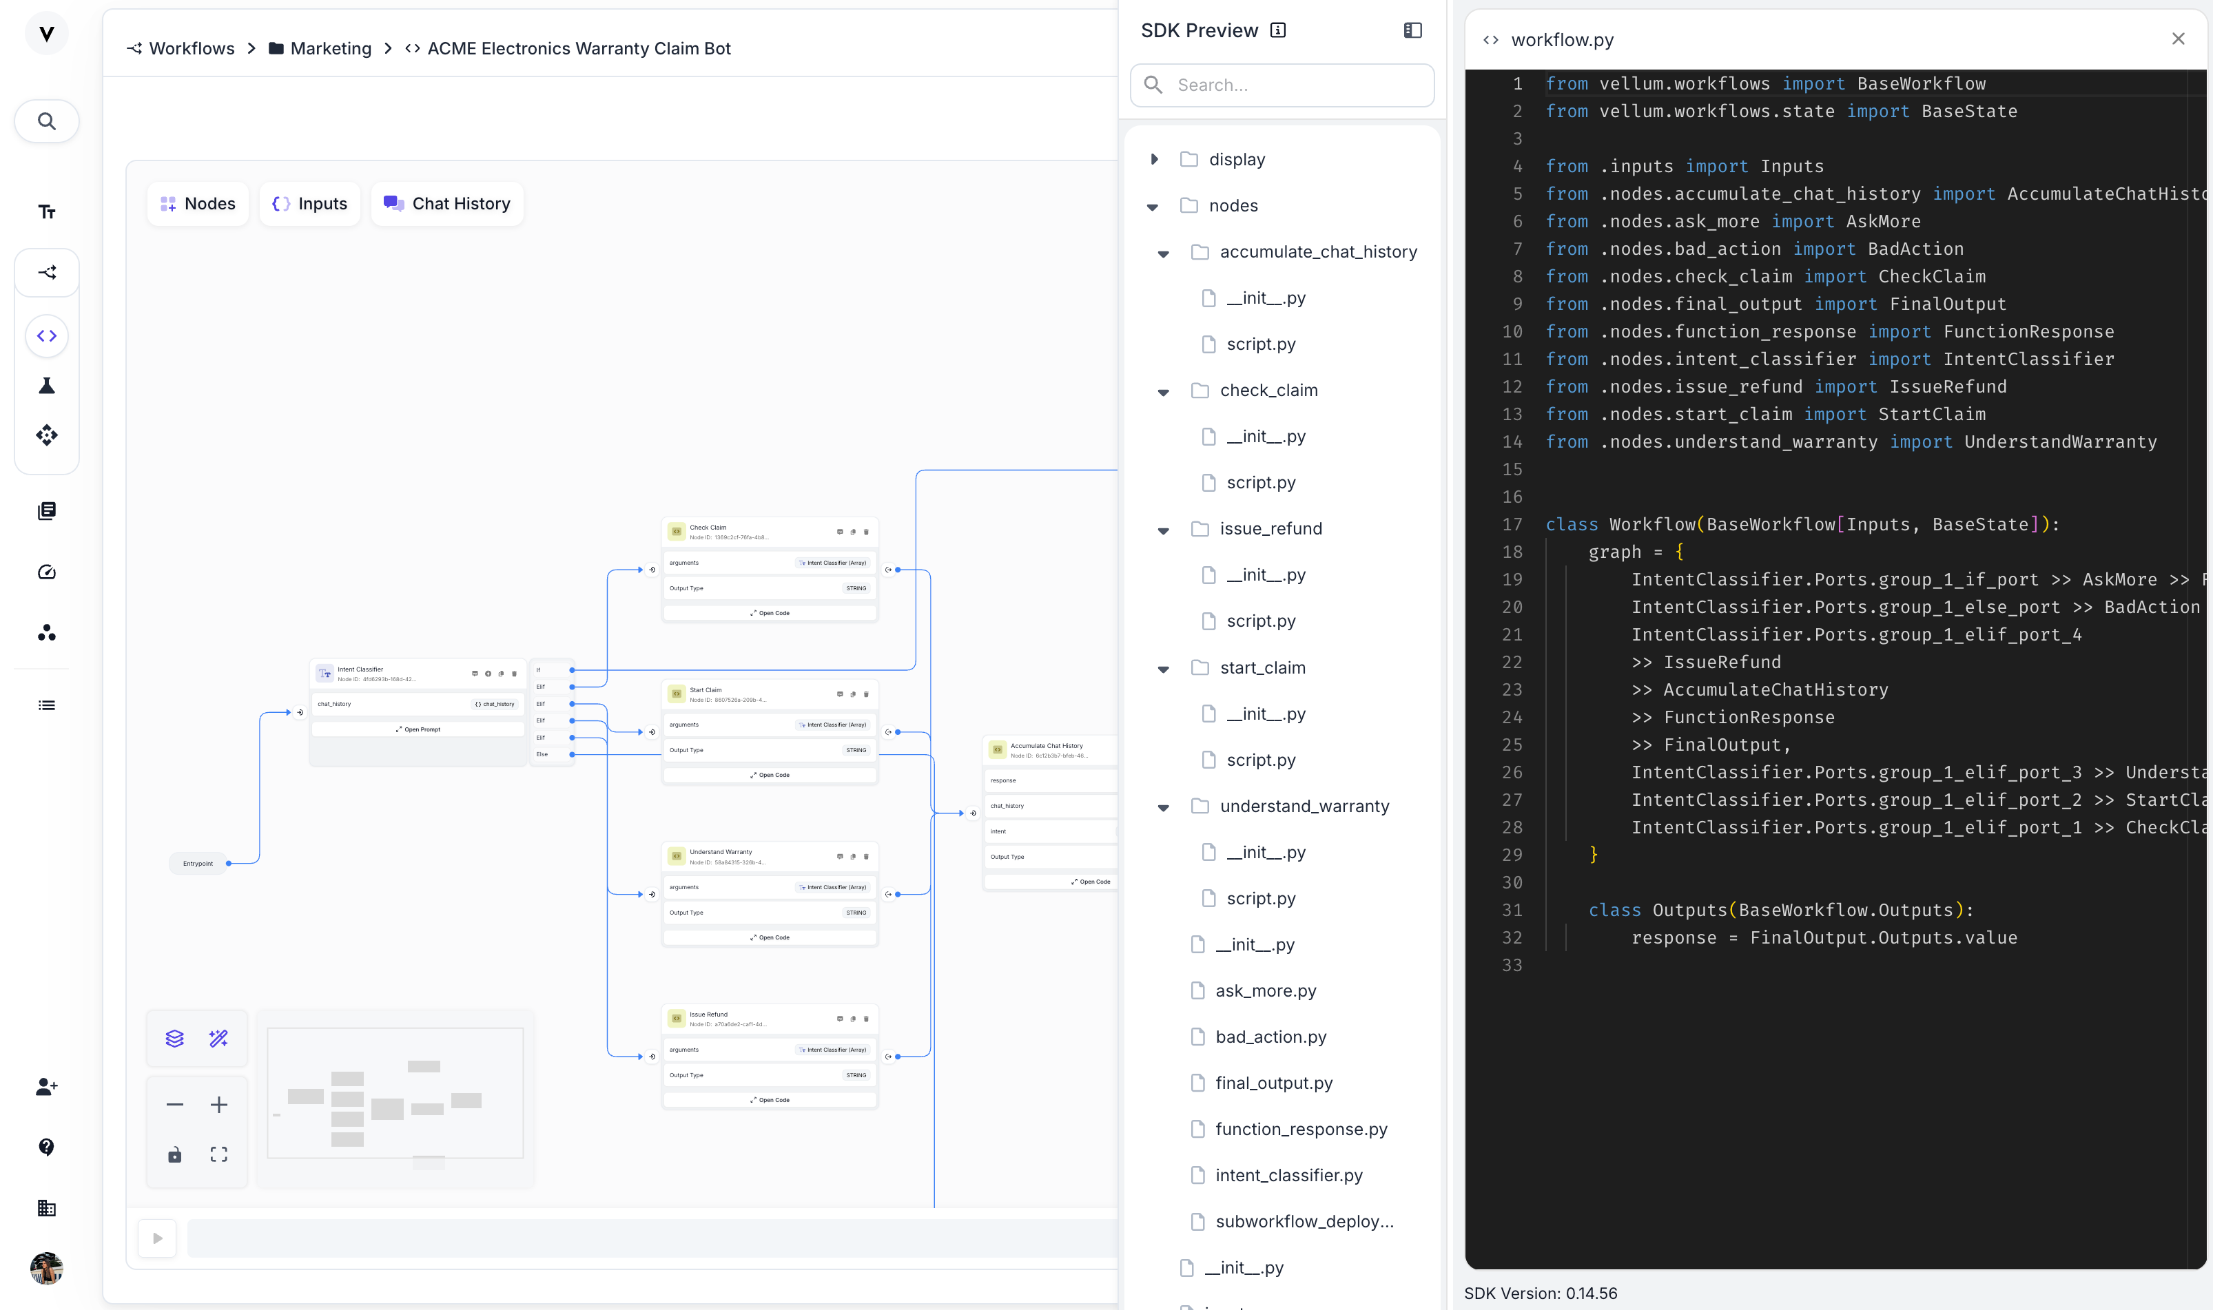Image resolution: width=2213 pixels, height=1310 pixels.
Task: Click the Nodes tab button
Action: coord(198,204)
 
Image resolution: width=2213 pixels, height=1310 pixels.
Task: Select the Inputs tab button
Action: coord(310,204)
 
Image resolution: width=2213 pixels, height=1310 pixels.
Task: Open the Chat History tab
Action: coord(447,204)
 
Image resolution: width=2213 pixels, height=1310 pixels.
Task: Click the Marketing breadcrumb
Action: coord(330,48)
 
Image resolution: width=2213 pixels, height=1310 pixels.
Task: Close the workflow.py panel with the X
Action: coord(2178,39)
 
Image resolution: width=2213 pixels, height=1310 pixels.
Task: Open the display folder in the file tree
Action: coord(1236,160)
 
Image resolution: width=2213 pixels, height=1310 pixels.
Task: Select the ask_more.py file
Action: coord(1264,990)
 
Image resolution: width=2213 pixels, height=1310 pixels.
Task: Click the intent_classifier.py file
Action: coord(1288,1175)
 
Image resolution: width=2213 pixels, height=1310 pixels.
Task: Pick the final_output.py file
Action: coord(1273,1083)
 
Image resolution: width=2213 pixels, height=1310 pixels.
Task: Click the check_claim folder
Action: coord(1268,390)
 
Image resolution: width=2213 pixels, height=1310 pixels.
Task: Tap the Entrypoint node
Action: coord(198,863)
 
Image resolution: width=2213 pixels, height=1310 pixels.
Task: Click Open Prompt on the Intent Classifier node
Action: coord(419,730)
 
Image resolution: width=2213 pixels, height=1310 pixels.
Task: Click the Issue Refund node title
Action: coord(708,1015)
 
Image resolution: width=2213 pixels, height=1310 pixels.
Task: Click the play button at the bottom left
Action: coord(157,1238)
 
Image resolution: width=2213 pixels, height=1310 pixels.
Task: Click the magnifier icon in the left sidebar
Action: coord(47,122)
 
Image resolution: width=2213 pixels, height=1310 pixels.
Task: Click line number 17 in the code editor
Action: coord(1512,524)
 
